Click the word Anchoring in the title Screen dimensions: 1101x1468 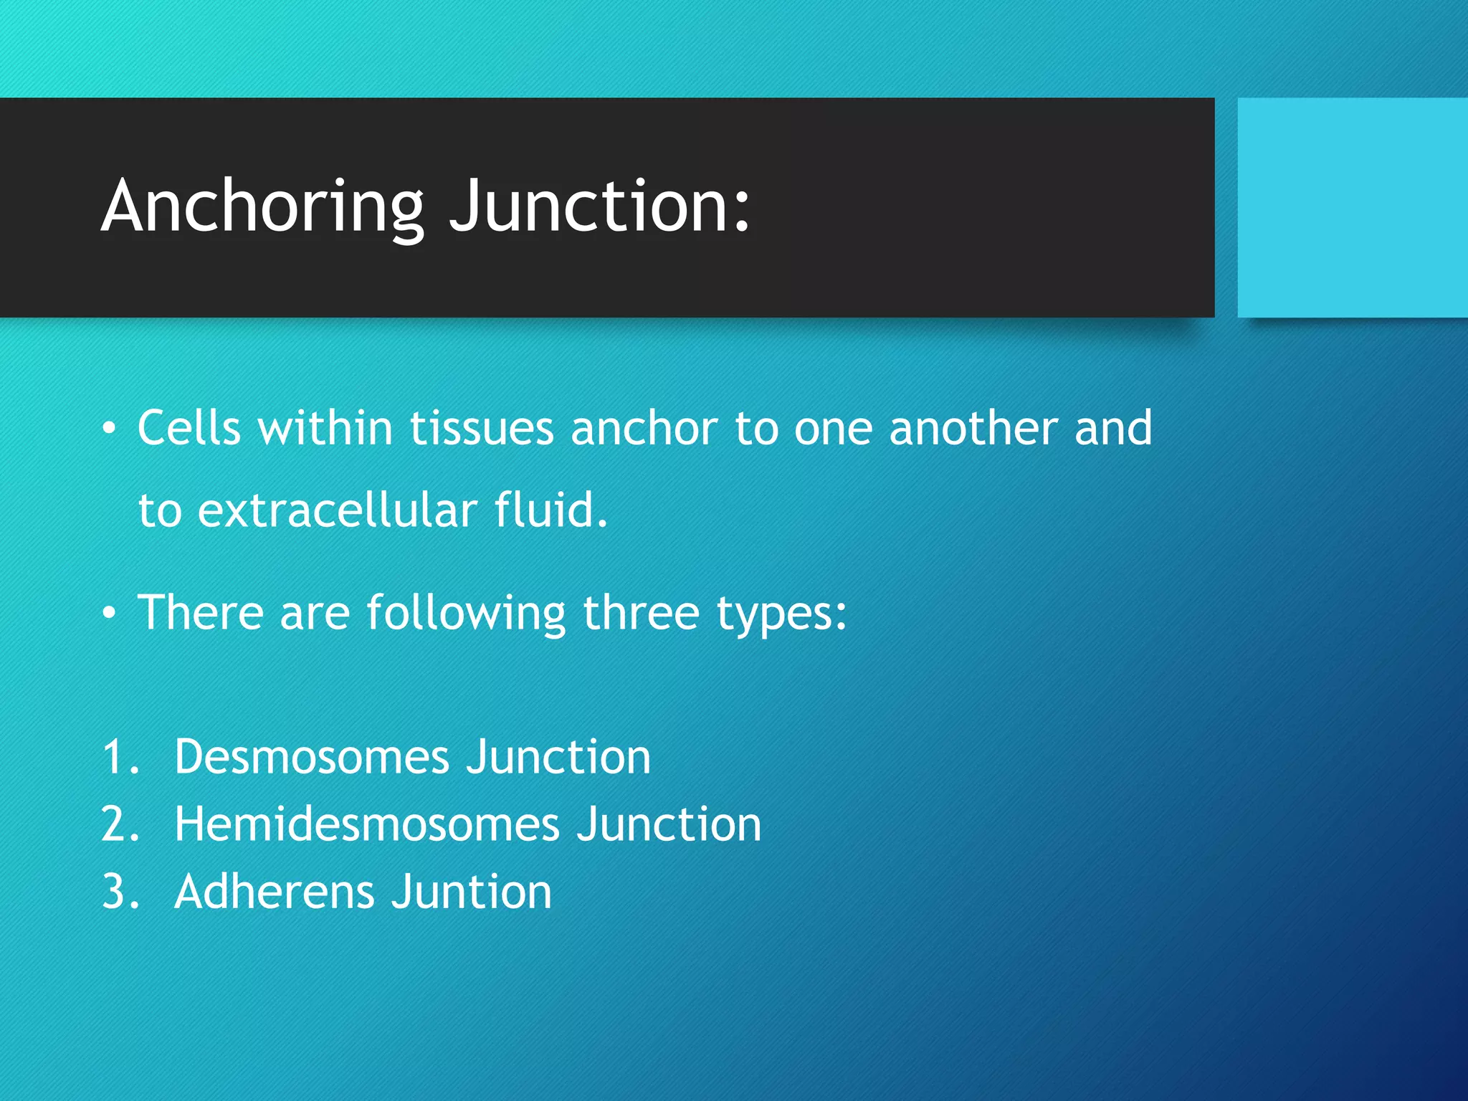coord(262,207)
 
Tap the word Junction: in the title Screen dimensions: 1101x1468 coord(599,207)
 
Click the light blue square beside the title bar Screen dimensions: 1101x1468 coord(1352,207)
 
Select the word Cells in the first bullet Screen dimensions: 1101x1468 coord(189,429)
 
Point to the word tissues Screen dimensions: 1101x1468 coord(481,429)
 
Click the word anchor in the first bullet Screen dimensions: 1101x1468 coord(644,429)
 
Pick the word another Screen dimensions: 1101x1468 coord(973,429)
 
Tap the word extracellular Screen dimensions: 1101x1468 coord(338,510)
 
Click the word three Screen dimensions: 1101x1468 coord(640,613)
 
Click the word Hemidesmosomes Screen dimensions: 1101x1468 coord(366,824)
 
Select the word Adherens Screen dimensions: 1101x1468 coord(275,892)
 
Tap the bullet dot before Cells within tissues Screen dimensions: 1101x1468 coord(108,429)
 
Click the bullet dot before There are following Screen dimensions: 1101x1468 coord(108,614)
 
